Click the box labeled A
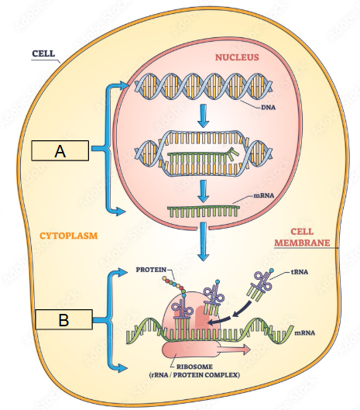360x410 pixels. [x=60, y=150]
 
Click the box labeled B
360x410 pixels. [x=63, y=319]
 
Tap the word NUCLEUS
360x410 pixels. [x=237, y=57]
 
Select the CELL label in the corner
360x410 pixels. [x=43, y=53]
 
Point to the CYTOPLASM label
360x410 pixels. [x=68, y=236]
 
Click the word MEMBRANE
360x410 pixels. [x=302, y=243]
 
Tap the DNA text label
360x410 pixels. [x=269, y=108]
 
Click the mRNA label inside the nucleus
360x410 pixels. [x=264, y=195]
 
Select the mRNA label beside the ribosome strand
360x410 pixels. [x=304, y=332]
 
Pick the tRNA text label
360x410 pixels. [x=300, y=272]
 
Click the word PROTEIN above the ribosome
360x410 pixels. [x=151, y=270]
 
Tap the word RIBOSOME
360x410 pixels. [x=194, y=367]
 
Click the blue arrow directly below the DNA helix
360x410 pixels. [x=204, y=115]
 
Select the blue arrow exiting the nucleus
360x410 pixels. [x=204, y=241]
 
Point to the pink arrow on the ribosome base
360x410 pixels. [x=233, y=350]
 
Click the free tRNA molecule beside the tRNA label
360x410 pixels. [x=260, y=285]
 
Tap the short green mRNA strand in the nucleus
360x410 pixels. [x=204, y=212]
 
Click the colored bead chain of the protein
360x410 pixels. [x=174, y=286]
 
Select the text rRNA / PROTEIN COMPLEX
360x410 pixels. [x=194, y=375]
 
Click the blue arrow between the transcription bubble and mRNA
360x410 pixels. [x=204, y=191]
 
